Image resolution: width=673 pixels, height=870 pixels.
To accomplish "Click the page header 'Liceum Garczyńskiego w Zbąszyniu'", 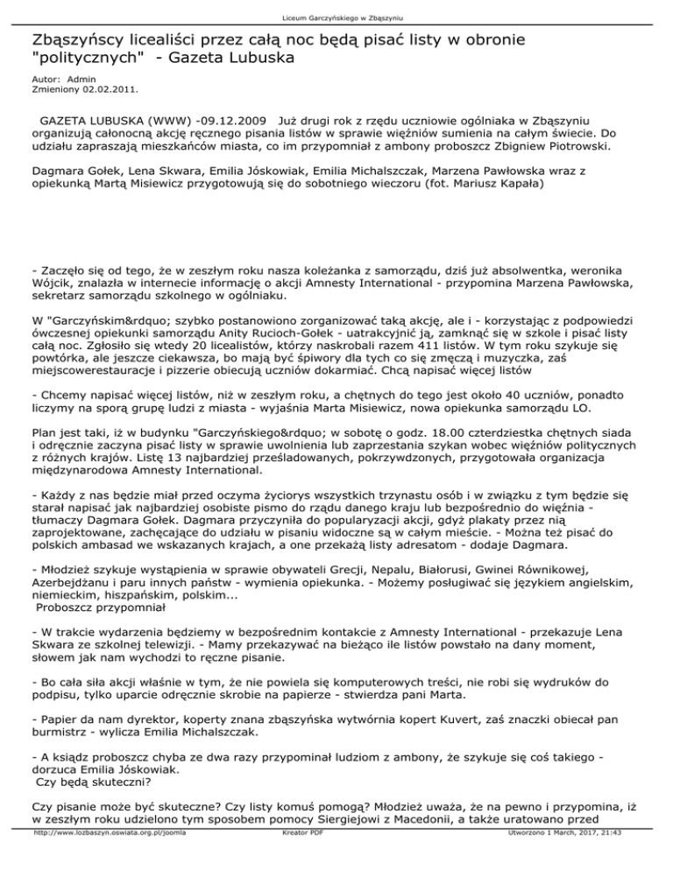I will (x=336, y=17).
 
